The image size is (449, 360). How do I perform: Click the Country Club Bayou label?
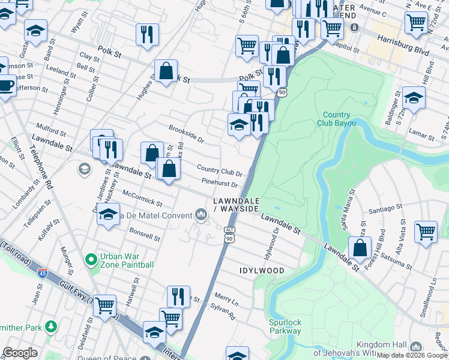pos(336,119)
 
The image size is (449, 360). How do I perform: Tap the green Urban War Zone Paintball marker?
pos(91,260)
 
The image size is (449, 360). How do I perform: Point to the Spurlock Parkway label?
pos(285,326)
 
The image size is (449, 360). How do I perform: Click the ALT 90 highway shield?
pos(229,235)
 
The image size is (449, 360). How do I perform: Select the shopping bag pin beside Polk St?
pos(166,71)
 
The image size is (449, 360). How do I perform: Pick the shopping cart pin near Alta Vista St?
pos(426,230)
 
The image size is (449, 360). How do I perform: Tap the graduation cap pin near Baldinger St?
pos(414,97)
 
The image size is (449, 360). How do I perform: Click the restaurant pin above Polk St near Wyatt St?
pos(147,34)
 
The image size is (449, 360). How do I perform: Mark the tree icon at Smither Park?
pos(51,326)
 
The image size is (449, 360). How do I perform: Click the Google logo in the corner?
pos(20,353)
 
